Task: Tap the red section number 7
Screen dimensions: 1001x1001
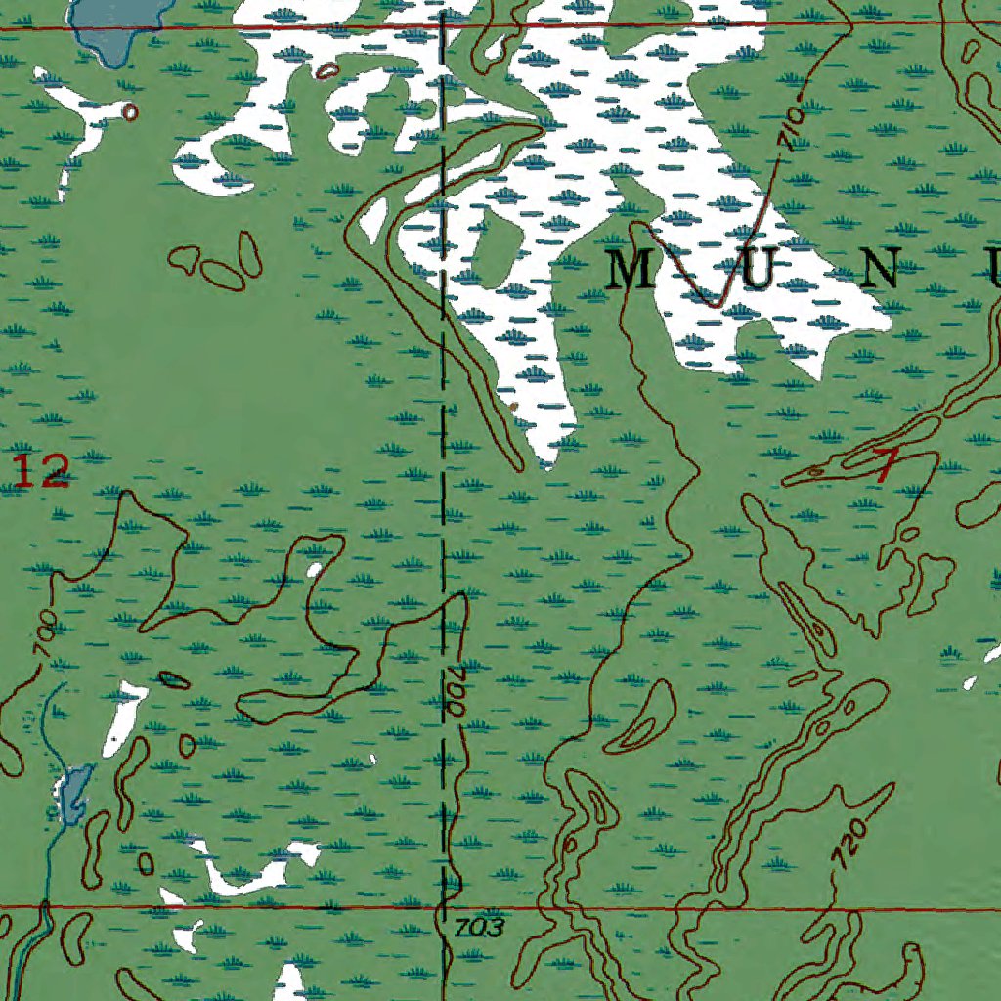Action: tap(886, 466)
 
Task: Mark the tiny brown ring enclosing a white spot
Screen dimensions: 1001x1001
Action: tap(129, 111)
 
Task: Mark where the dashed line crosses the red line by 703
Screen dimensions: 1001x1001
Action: tap(446, 908)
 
